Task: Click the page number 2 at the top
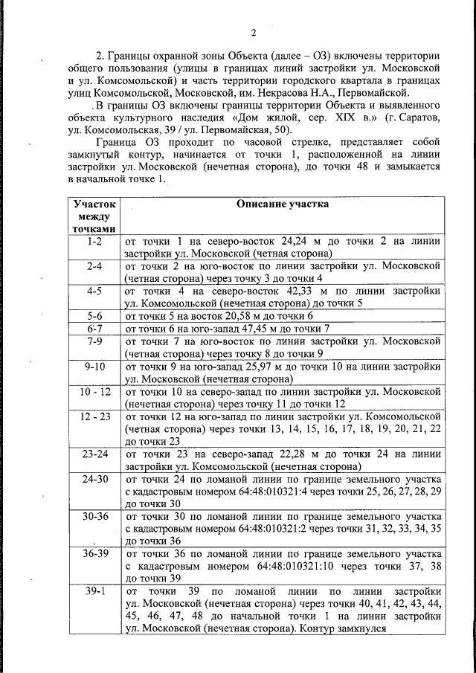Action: [254, 32]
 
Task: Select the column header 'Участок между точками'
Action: [94, 215]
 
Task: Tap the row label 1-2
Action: [94, 242]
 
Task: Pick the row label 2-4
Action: [94, 265]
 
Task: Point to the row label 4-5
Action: [94, 291]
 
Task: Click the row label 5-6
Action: [94, 315]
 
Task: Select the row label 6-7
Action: [94, 328]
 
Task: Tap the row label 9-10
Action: [94, 367]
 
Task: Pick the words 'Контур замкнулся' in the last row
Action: [341, 628]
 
